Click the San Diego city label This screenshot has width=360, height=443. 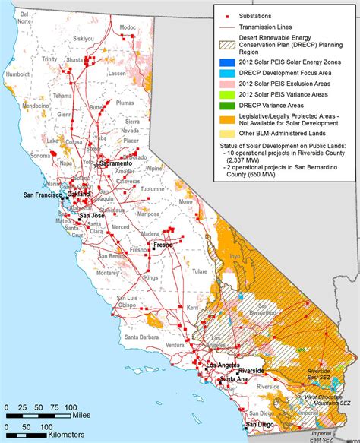[x=261, y=424]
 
